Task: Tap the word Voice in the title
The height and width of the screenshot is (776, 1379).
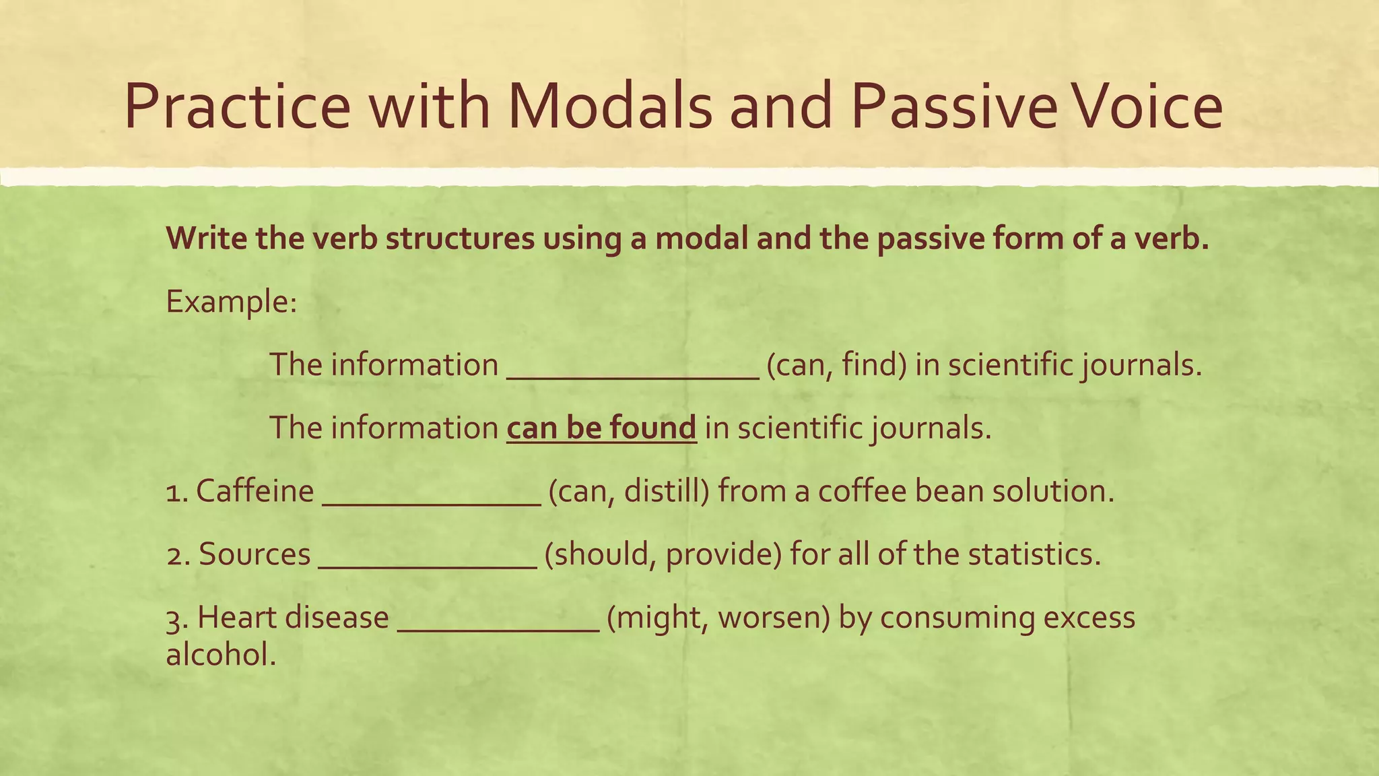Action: click(1144, 106)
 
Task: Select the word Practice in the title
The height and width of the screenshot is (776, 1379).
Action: click(237, 106)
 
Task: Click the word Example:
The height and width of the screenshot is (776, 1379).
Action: click(231, 301)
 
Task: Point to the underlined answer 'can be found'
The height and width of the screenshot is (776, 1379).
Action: click(601, 428)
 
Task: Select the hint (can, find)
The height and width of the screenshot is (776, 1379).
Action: click(836, 365)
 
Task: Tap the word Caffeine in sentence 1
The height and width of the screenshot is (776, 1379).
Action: click(255, 490)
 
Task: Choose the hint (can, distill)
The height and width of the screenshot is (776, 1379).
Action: click(629, 491)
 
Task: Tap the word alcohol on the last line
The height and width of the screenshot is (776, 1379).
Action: click(220, 654)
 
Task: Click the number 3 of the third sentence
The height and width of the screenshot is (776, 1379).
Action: click(174, 618)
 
